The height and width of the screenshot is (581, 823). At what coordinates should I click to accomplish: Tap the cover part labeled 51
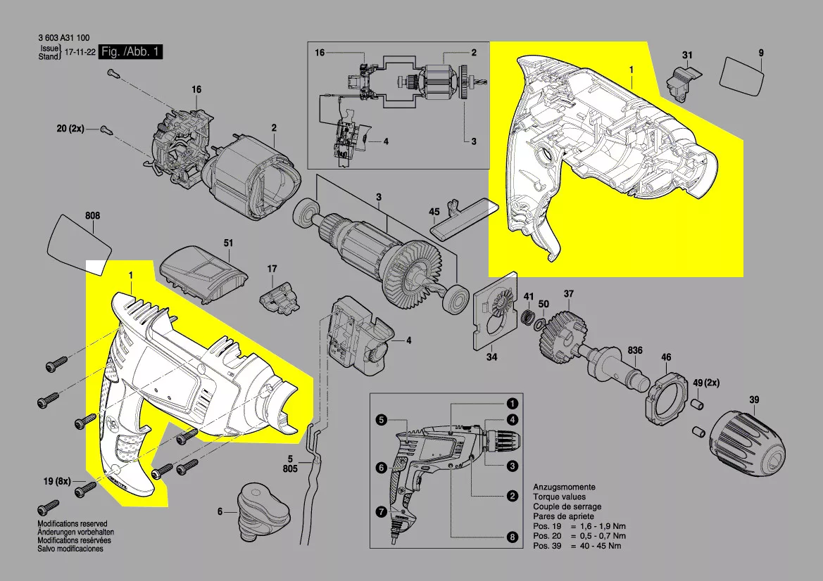pos(203,275)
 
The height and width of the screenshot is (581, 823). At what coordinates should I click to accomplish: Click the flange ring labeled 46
pos(665,397)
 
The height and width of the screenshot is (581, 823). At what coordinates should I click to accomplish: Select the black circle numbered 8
pos(512,537)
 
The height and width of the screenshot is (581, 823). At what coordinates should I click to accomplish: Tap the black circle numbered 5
pos(381,421)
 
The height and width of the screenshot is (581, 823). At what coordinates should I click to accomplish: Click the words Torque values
pos(558,497)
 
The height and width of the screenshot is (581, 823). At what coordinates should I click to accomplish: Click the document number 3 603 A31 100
pos(65,39)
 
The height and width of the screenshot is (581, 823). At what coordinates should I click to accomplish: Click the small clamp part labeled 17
pos(280,298)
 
